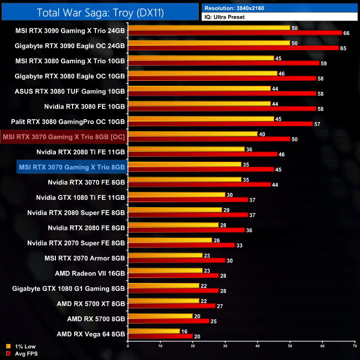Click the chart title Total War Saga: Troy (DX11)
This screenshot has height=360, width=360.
pos(100,12)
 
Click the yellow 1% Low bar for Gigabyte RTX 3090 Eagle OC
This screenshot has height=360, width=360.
pos(209,43)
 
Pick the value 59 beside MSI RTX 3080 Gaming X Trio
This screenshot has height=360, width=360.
pos(325,63)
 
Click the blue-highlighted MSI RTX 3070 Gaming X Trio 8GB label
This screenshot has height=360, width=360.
pos(71,166)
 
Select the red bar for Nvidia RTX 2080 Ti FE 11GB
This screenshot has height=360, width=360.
pos(202,154)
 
